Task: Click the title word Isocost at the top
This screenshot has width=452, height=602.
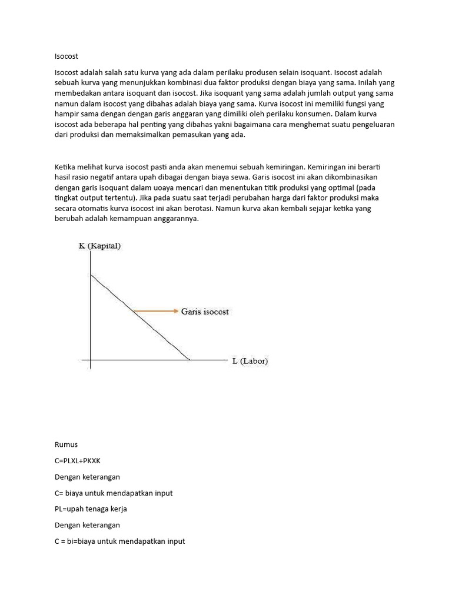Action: (x=66, y=56)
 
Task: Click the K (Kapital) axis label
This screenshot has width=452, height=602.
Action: (x=99, y=246)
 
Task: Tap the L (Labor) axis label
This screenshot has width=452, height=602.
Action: (x=250, y=361)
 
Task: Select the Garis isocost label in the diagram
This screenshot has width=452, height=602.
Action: (x=205, y=312)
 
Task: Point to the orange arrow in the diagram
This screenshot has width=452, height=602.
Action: (x=155, y=311)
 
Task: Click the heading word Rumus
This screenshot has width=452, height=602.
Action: (x=66, y=444)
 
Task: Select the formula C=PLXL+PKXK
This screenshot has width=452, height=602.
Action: (x=81, y=460)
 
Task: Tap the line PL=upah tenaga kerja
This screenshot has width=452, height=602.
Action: (x=91, y=509)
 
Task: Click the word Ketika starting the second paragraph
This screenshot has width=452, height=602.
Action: (x=65, y=168)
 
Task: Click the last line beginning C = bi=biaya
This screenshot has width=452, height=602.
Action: (x=119, y=541)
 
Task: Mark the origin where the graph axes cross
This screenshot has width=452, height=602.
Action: (x=91, y=360)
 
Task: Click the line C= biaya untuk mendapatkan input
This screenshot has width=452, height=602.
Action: (x=114, y=493)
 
